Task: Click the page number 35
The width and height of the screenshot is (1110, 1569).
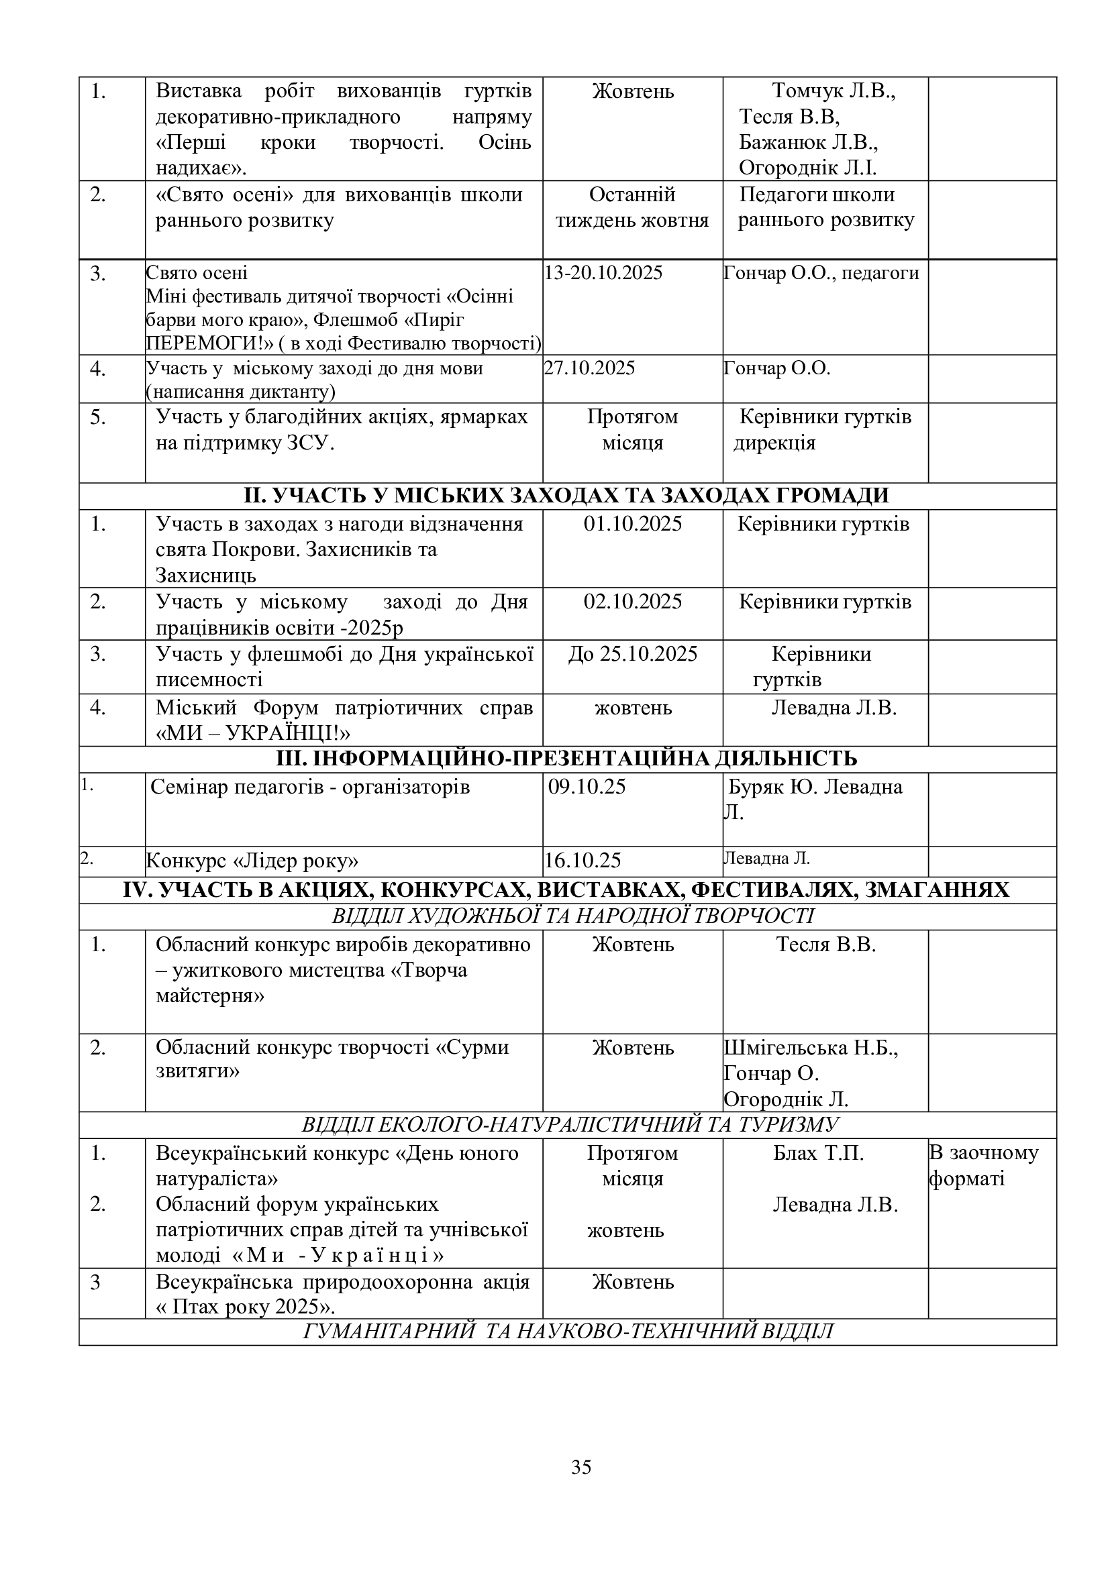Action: (x=581, y=1466)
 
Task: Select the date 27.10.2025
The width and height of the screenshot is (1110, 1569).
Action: (x=589, y=368)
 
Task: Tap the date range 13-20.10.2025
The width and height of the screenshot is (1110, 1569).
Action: (x=603, y=273)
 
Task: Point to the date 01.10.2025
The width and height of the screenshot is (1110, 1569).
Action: (x=632, y=524)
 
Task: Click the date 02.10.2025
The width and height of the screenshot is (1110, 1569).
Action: (x=632, y=601)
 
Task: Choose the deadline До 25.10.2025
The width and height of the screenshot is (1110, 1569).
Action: (x=632, y=654)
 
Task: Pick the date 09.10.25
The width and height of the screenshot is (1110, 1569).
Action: (x=587, y=787)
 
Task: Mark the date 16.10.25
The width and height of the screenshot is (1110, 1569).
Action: (x=583, y=861)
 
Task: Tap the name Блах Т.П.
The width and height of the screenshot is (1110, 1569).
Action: (x=818, y=1154)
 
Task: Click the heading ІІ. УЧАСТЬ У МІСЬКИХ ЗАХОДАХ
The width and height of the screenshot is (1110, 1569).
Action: (x=566, y=495)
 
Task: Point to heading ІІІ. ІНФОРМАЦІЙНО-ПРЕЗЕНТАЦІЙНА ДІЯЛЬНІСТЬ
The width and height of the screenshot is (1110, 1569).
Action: (x=566, y=759)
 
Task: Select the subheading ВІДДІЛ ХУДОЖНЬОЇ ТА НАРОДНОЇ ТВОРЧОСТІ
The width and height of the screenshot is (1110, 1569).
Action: (x=572, y=916)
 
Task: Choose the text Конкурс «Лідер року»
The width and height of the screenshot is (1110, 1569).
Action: (x=252, y=861)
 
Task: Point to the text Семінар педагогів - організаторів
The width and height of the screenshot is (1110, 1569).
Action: (x=310, y=788)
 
